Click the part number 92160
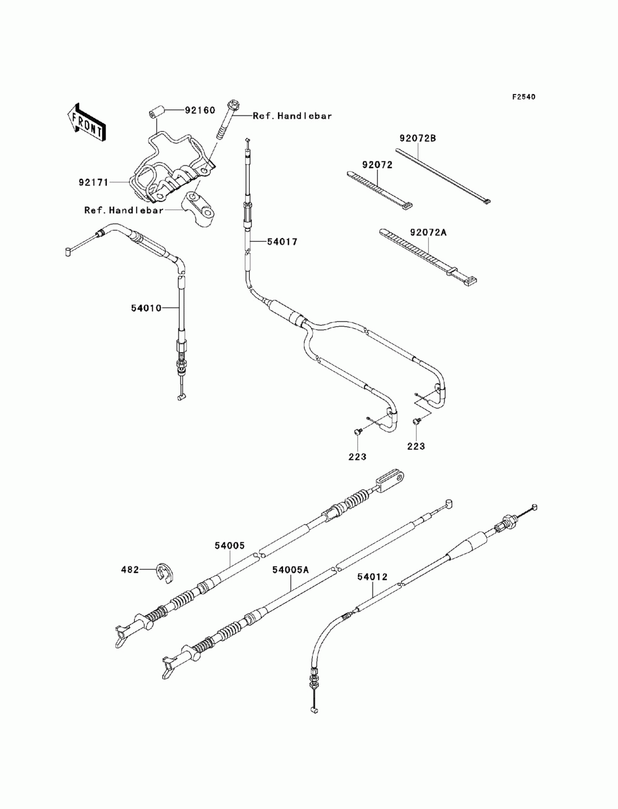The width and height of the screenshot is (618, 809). click(200, 110)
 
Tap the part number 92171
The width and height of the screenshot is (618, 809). click(93, 182)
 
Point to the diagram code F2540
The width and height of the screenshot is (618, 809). click(523, 97)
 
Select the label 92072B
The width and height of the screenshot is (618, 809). click(418, 138)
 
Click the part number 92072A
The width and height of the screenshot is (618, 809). click(428, 232)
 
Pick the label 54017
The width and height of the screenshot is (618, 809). click(282, 242)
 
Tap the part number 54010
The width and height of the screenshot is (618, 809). click(146, 308)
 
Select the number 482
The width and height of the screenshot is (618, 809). click(130, 570)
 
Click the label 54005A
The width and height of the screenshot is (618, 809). click(290, 570)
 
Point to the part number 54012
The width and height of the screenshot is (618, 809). click(372, 577)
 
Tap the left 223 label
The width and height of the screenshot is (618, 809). click(357, 457)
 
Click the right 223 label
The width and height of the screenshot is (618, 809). click(416, 446)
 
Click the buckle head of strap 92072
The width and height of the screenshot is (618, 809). click(406, 206)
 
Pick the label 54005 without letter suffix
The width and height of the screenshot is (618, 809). click(229, 546)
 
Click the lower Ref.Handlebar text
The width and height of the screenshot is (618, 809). click(124, 210)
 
